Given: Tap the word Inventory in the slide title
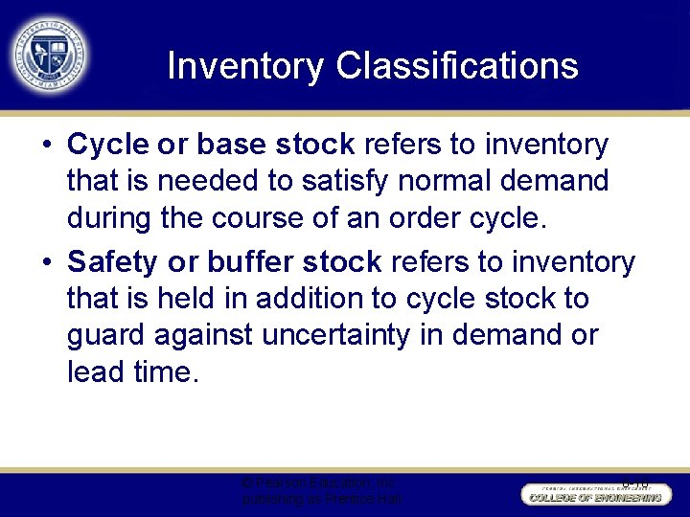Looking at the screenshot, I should pos(245,67).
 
